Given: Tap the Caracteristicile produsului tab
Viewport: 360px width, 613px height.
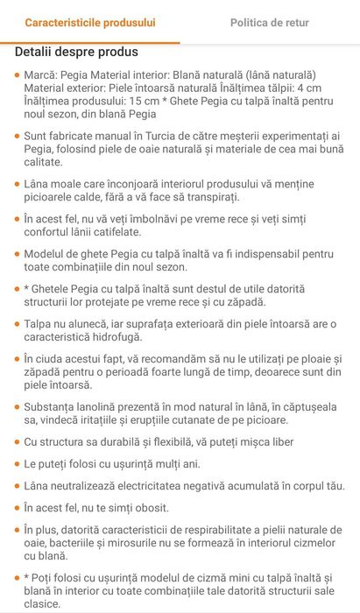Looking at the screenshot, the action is click(89, 21).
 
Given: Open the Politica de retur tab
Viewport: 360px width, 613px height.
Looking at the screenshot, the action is click(270, 21).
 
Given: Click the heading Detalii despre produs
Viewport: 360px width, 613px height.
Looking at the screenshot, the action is click(76, 52).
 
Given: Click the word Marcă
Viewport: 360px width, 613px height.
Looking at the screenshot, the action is click(43, 75).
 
